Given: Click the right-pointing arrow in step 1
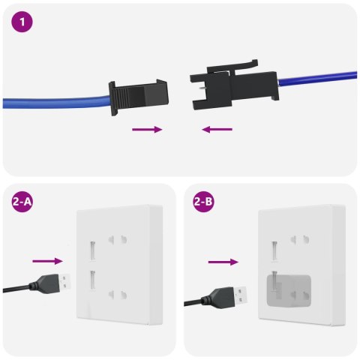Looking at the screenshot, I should pos(147,130).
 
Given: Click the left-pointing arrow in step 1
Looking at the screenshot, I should pos(217,130).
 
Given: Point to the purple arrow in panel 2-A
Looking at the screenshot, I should pos(47,262).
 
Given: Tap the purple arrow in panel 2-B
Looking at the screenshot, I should pos(223,262).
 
